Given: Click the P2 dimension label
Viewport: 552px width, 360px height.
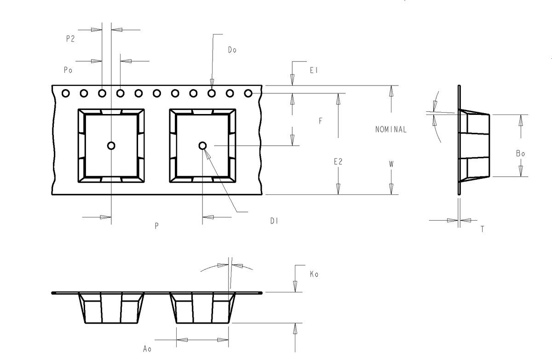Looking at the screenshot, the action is (70, 39).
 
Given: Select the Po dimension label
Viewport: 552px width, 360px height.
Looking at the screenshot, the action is (68, 70).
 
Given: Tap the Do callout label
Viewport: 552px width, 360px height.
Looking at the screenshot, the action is (232, 50).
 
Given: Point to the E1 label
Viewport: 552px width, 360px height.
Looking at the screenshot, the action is (314, 70).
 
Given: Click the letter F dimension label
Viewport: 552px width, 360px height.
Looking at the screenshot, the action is (320, 121).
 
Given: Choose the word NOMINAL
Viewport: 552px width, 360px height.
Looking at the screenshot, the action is (391, 129).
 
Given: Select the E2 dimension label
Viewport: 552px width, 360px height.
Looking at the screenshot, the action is (338, 162).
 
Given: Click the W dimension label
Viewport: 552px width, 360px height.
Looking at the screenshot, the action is (391, 164).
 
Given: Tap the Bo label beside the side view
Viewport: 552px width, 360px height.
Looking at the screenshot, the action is (520, 154).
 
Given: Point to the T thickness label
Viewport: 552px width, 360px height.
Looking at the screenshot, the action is (482, 229).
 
